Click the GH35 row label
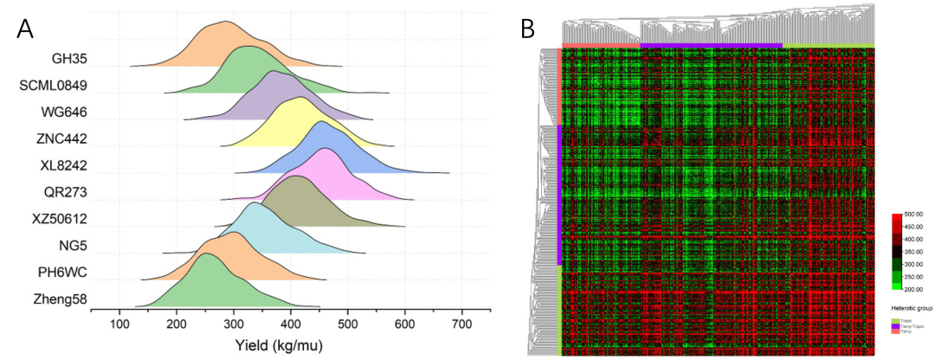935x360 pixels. (x=71, y=59)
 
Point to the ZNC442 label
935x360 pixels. (x=61, y=138)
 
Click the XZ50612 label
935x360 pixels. (x=59, y=219)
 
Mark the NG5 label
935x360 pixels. (x=74, y=246)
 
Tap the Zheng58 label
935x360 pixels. (x=61, y=299)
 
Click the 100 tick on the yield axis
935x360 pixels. (x=119, y=324)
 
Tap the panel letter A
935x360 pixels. (x=25, y=29)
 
